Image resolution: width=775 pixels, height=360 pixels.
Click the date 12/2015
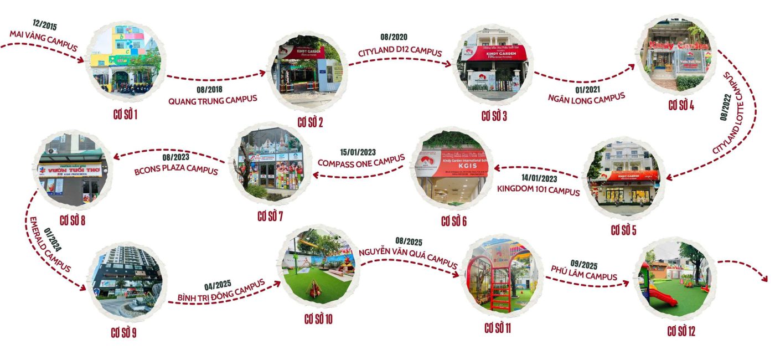(45, 25)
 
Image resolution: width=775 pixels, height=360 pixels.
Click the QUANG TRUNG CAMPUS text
(213, 100)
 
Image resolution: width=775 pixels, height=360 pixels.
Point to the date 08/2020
(394, 37)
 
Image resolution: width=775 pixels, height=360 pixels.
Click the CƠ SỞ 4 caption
(681, 105)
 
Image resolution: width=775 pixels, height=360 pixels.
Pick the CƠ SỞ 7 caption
(270, 216)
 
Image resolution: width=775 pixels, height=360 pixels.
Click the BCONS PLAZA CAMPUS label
(176, 171)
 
